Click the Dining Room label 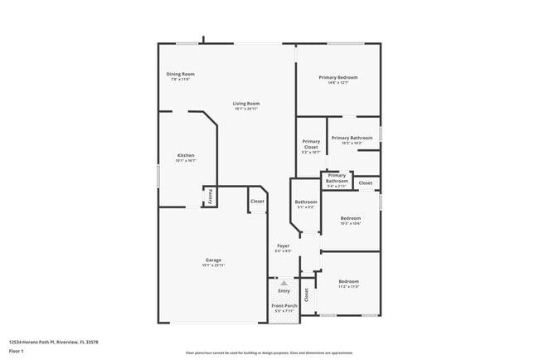click(x=180, y=75)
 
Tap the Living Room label click(x=246, y=104)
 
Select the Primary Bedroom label click(x=338, y=78)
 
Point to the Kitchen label click(x=186, y=156)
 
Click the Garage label click(x=213, y=260)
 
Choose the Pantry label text click(x=210, y=197)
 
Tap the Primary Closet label click(x=311, y=144)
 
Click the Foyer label click(x=283, y=246)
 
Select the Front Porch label click(x=284, y=307)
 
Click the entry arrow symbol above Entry click(x=284, y=284)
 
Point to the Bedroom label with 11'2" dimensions click(x=349, y=282)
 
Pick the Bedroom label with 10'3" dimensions click(x=351, y=219)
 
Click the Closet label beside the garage click(x=257, y=201)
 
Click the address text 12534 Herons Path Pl click(x=43, y=340)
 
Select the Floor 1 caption click(x=17, y=351)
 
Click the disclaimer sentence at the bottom click(x=269, y=352)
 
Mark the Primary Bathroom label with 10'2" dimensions click(x=352, y=138)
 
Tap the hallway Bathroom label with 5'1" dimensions click(x=306, y=202)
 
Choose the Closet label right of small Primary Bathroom click(x=366, y=182)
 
